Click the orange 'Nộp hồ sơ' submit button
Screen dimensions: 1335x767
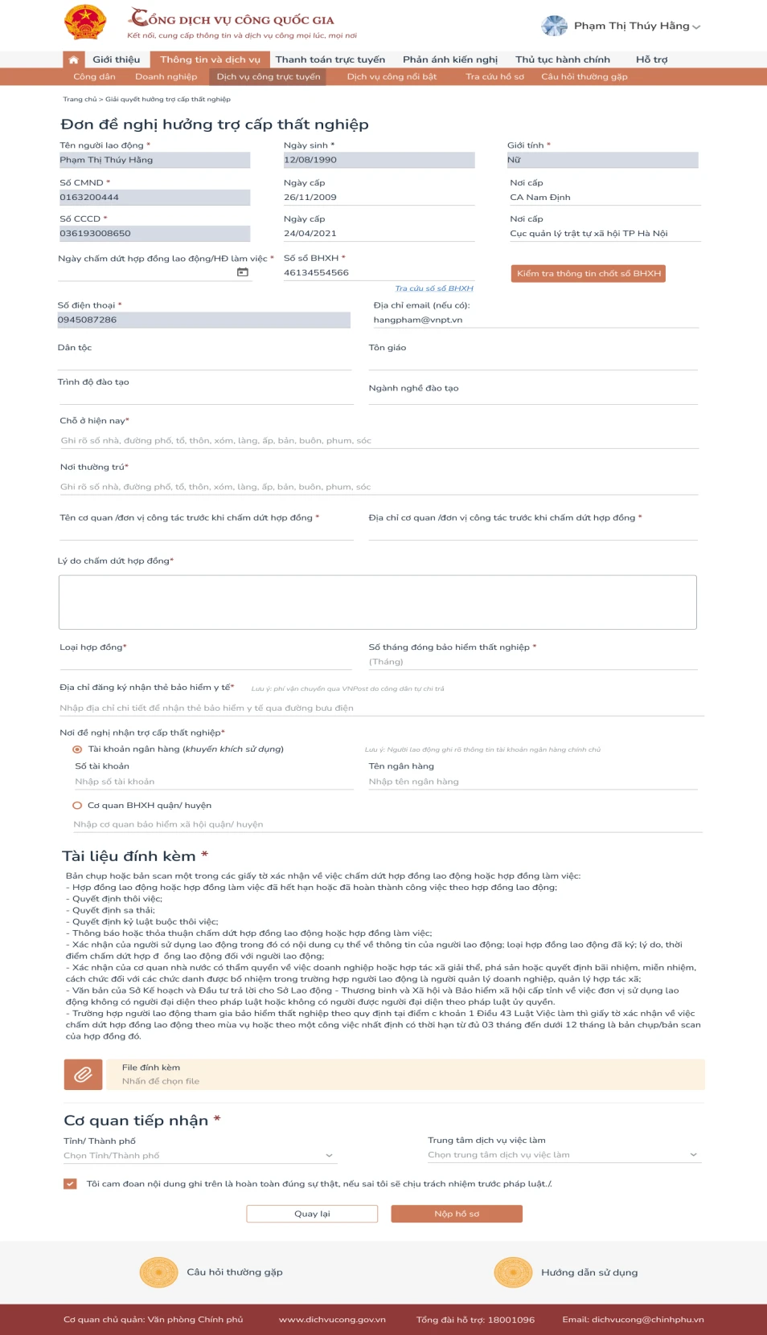coord(457,1214)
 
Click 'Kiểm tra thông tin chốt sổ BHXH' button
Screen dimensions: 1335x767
coord(589,274)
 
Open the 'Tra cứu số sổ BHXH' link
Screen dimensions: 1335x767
coord(433,288)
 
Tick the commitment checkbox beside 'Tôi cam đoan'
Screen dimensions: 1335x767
coord(71,1183)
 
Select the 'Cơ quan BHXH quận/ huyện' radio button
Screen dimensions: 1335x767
coord(78,805)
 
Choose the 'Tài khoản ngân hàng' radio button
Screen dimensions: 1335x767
coord(78,749)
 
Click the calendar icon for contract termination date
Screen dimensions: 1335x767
coord(242,272)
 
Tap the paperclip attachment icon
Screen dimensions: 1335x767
coord(83,1074)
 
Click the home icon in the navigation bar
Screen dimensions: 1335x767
coord(73,59)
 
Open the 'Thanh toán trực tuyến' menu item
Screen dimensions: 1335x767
coord(330,59)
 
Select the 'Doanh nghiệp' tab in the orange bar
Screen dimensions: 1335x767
coord(166,77)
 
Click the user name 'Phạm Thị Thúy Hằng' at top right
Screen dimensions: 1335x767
coord(631,26)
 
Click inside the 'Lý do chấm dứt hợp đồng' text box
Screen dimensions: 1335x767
coord(377,602)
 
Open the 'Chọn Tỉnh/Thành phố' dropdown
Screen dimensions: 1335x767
coord(199,1155)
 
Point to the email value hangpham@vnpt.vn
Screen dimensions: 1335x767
coord(418,320)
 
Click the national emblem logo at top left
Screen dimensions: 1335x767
coord(85,22)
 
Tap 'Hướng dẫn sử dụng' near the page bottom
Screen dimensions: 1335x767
coord(589,1272)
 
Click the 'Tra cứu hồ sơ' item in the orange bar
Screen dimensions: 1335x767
coord(494,77)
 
